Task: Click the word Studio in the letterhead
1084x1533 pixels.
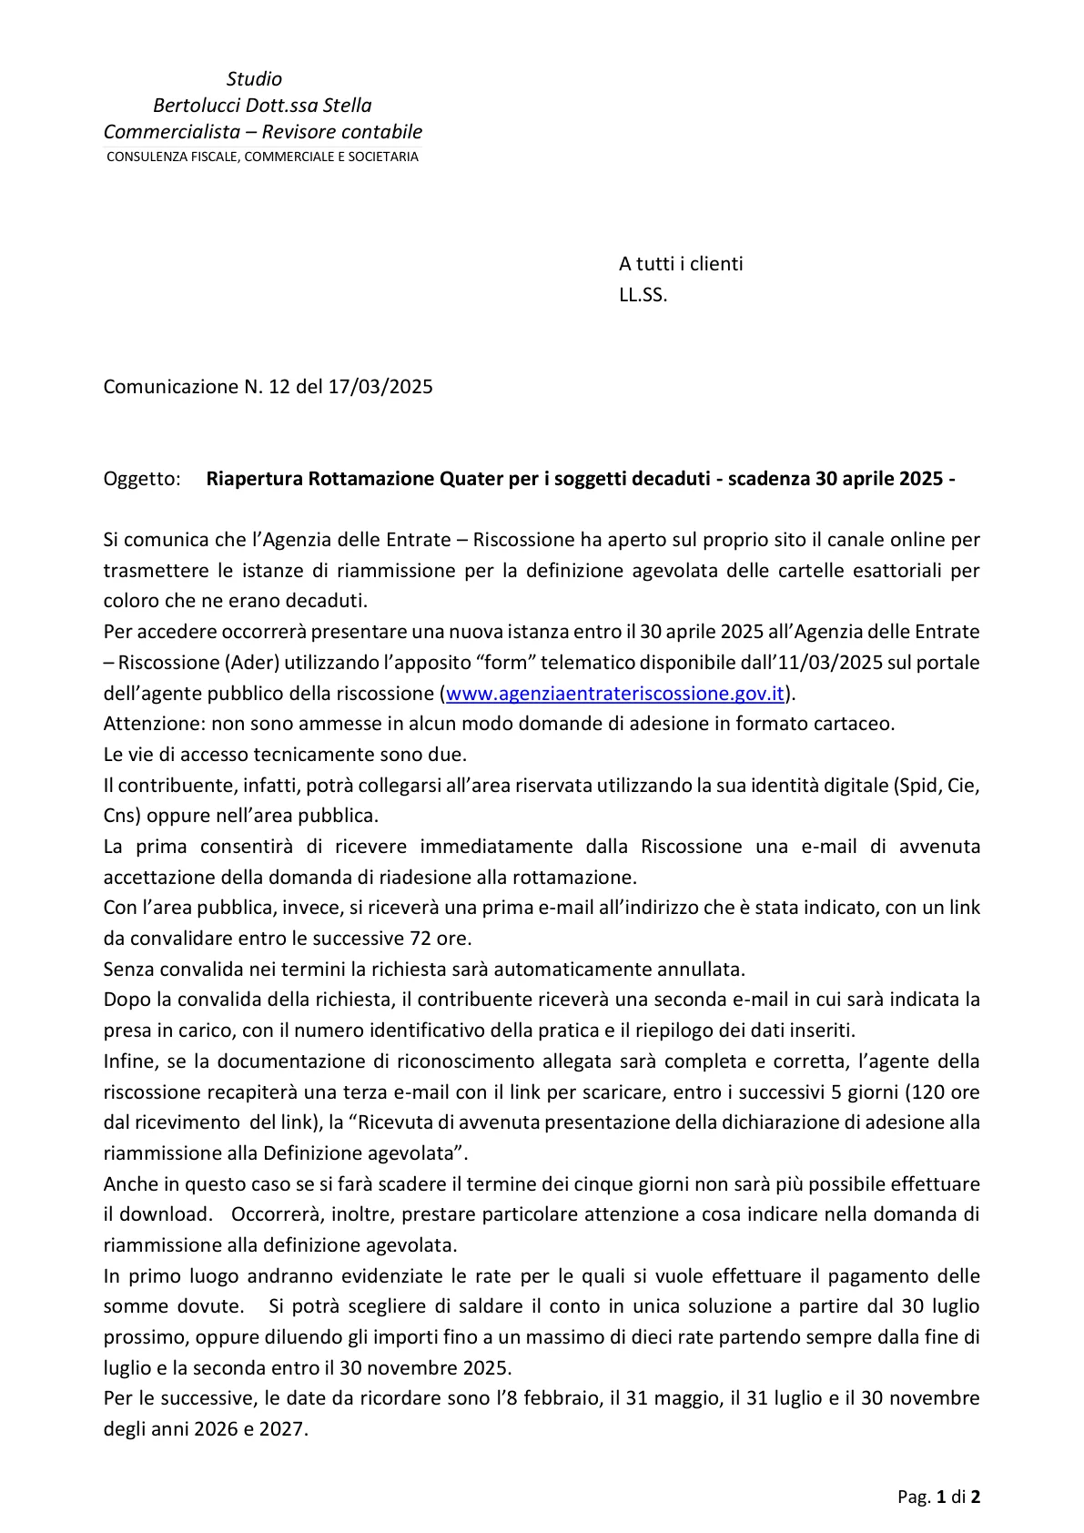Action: click(254, 79)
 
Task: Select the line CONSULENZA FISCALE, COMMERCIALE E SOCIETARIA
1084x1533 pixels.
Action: click(262, 157)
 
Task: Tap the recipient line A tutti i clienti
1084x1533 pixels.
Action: click(681, 264)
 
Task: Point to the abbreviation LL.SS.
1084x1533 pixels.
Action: click(643, 295)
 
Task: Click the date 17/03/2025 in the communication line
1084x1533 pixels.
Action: click(380, 387)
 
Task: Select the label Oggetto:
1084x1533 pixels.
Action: click(142, 479)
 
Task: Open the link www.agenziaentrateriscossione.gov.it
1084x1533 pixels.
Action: click(615, 694)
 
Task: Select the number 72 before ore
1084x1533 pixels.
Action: click(420, 939)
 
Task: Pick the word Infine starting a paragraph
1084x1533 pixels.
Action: click(129, 1061)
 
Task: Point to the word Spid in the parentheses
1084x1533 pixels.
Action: click(919, 786)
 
